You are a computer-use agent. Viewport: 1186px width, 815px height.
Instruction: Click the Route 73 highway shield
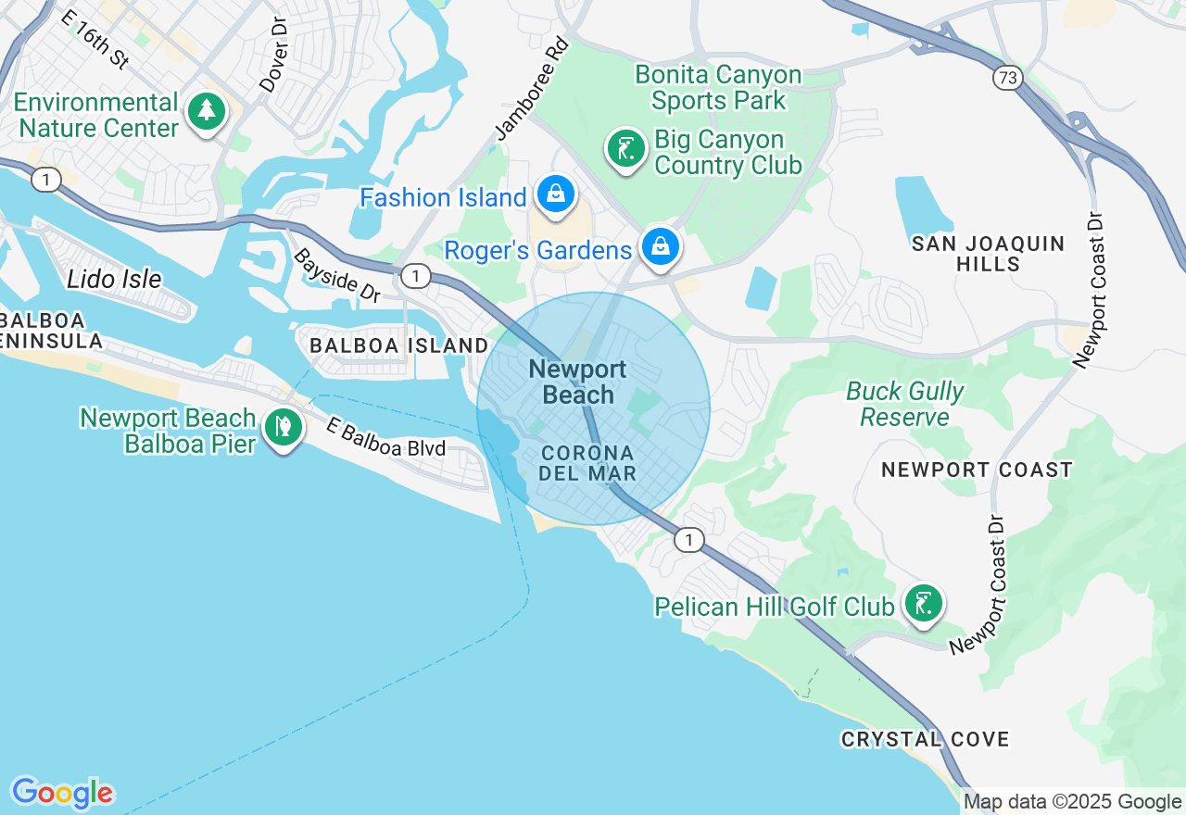1006,78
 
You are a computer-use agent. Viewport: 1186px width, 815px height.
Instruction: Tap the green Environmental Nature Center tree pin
207,111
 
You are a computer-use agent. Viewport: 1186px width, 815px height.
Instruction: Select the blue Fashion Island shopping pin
555,194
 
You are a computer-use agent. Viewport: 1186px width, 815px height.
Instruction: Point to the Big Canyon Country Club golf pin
626,148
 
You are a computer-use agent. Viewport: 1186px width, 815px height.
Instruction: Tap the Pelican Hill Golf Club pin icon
923,603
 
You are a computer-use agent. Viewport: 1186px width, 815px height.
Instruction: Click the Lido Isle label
114,279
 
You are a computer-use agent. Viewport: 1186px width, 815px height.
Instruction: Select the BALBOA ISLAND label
399,345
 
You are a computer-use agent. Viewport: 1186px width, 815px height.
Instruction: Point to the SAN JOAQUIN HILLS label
988,254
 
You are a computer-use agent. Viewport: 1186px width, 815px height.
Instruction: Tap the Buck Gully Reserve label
905,404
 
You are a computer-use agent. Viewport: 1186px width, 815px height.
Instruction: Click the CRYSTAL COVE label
925,739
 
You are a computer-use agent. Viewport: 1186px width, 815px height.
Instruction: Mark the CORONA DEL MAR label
588,463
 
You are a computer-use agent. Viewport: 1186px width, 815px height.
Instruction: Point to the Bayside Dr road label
337,275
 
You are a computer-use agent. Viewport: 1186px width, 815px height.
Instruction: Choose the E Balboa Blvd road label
385,438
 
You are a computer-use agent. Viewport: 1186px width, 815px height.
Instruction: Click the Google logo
62,793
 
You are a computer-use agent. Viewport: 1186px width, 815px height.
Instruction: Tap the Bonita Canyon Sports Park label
718,87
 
